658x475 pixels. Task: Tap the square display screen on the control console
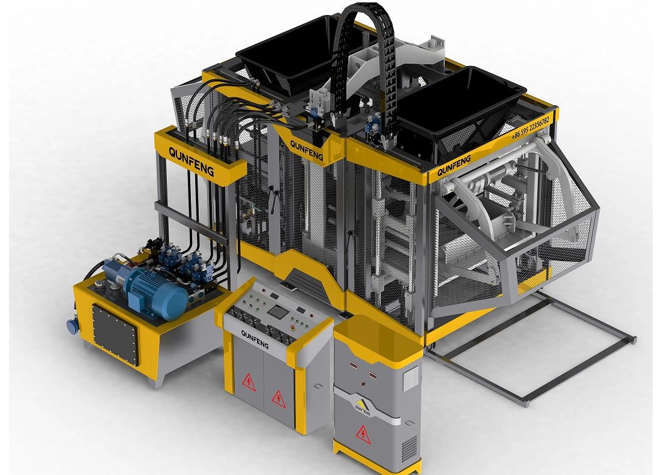[277, 312]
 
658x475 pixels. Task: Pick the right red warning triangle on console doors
[277, 397]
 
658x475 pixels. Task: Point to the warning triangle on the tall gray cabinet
[363, 435]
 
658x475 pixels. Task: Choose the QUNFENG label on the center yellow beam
[306, 150]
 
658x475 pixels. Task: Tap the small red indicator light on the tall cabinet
[362, 383]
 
